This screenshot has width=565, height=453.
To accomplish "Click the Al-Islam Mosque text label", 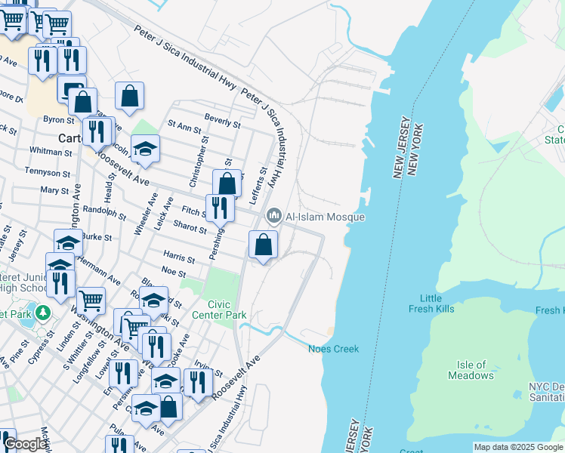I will click(x=325, y=217).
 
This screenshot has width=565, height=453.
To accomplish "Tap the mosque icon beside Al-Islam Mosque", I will click(x=273, y=217).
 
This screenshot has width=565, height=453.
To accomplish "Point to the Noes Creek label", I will click(x=333, y=349).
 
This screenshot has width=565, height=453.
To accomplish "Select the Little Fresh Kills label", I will click(x=431, y=304).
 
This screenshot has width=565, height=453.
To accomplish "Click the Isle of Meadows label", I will click(x=471, y=370).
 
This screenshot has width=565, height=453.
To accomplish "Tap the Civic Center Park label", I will click(x=219, y=309).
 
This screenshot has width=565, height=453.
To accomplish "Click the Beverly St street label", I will click(x=222, y=120).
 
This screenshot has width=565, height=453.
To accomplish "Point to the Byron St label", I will click(x=58, y=119).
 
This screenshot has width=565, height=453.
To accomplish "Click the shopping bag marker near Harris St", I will click(x=263, y=245).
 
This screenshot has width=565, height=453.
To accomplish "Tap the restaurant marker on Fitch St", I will click(x=220, y=208).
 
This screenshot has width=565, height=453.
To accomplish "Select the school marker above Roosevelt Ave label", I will click(x=146, y=149).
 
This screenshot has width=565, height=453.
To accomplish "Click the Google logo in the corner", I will click(x=25, y=445).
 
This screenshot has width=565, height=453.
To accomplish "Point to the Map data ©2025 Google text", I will click(x=518, y=447).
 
